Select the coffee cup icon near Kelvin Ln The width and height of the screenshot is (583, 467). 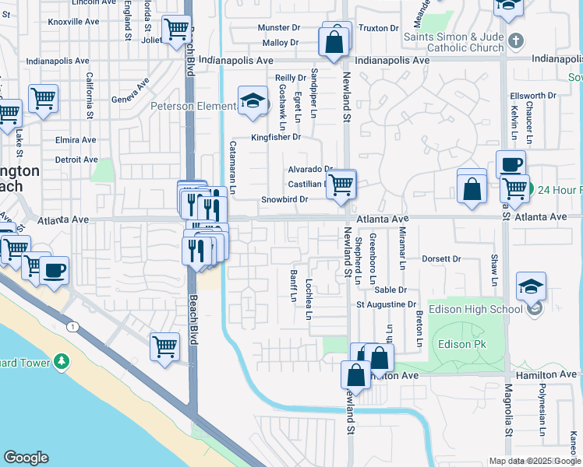[x=511, y=164]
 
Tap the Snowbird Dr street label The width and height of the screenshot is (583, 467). [x=284, y=199]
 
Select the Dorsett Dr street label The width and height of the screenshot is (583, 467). [x=442, y=258]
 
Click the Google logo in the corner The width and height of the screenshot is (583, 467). [x=26, y=457]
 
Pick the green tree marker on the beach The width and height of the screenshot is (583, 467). [x=62, y=361]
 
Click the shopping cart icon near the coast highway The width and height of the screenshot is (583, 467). [x=164, y=345]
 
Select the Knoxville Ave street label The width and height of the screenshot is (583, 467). [x=74, y=21]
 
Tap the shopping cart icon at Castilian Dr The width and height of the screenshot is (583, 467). [x=341, y=184]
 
